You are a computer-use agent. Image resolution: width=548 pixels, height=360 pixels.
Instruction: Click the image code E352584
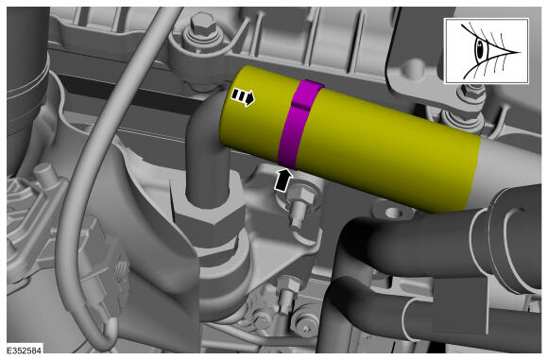[25, 351]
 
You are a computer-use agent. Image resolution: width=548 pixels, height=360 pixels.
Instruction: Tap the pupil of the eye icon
[481, 50]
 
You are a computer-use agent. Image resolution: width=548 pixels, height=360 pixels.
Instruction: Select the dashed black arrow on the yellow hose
[243, 96]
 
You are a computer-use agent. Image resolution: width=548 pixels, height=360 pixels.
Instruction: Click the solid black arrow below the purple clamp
[283, 180]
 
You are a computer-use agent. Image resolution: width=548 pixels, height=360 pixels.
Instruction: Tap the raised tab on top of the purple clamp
[308, 94]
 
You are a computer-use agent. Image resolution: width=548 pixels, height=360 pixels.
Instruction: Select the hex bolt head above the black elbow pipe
[199, 23]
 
